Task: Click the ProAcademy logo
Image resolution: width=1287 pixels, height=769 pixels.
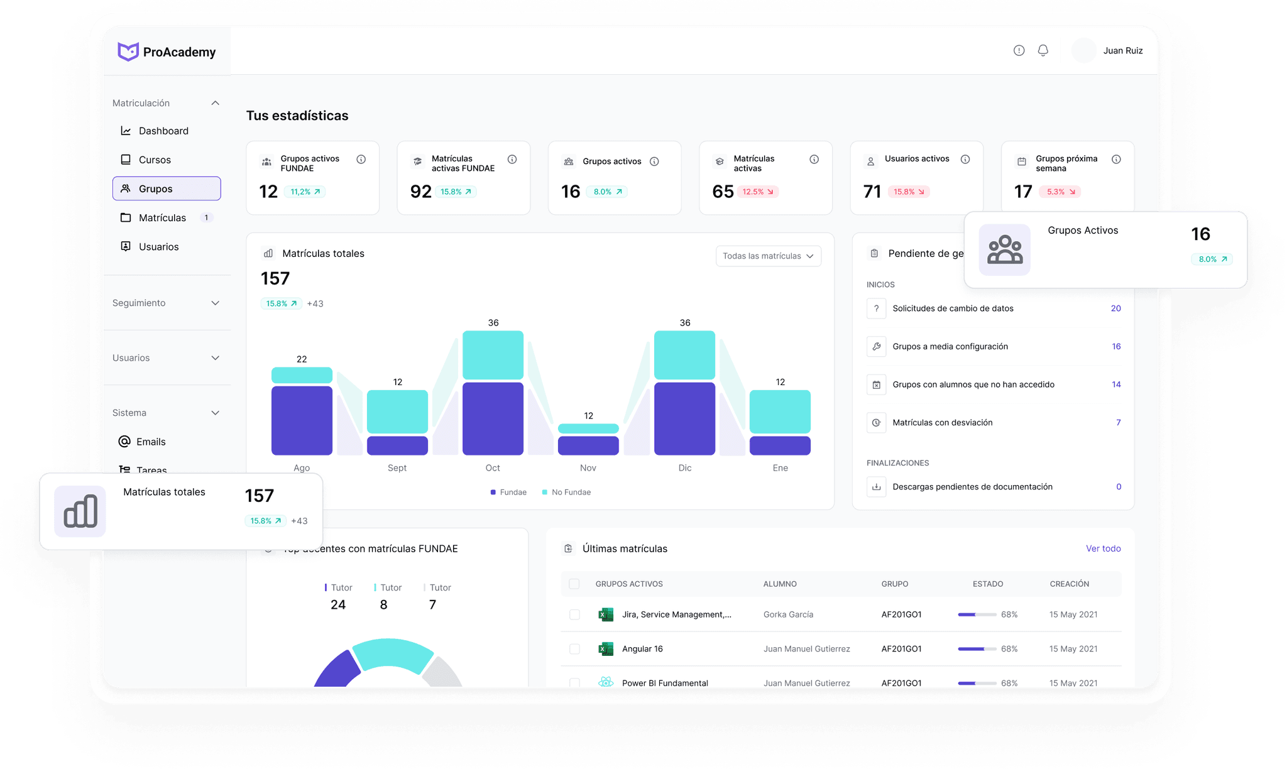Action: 167,52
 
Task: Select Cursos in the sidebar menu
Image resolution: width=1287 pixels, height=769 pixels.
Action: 155,160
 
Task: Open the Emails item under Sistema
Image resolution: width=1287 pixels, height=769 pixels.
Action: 151,442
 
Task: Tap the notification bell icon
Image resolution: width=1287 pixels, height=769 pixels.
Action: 1043,50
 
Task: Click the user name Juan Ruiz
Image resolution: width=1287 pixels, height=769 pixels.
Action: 1123,50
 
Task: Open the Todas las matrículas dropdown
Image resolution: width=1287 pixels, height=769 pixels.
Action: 768,256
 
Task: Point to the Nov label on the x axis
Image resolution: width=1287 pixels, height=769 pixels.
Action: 588,467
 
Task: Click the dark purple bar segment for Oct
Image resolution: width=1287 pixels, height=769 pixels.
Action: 493,418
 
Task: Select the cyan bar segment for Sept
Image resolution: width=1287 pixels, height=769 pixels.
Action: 397,412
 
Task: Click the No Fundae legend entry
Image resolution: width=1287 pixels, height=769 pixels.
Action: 571,492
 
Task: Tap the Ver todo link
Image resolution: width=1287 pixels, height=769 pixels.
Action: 1103,548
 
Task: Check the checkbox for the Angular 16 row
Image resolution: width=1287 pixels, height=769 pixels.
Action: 574,649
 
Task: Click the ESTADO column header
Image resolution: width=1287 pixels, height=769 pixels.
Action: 988,584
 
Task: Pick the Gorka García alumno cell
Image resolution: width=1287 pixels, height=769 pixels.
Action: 788,614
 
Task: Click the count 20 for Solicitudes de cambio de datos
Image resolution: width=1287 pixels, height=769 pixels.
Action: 1115,308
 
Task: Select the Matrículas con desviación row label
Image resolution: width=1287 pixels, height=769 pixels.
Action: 943,422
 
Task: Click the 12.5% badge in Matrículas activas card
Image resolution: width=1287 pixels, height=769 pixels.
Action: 758,192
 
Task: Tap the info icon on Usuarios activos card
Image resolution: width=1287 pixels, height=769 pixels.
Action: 965,160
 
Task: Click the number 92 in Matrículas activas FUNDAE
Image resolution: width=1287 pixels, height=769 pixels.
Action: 421,192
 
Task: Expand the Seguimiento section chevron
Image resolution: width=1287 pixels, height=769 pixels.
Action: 216,303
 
